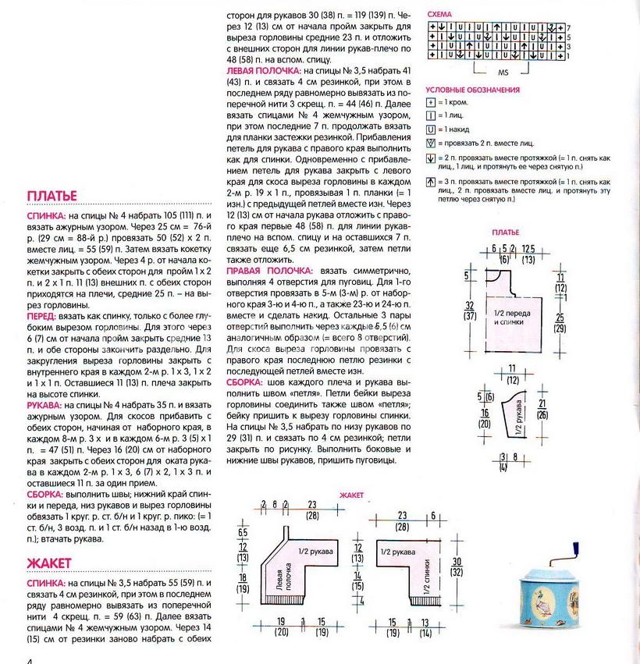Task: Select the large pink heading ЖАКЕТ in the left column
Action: click(x=49, y=563)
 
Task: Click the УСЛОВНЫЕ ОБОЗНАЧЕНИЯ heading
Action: click(x=472, y=90)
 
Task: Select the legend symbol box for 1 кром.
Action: click(x=430, y=103)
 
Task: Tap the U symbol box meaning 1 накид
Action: click(x=430, y=128)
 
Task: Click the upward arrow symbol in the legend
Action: click(x=430, y=183)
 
